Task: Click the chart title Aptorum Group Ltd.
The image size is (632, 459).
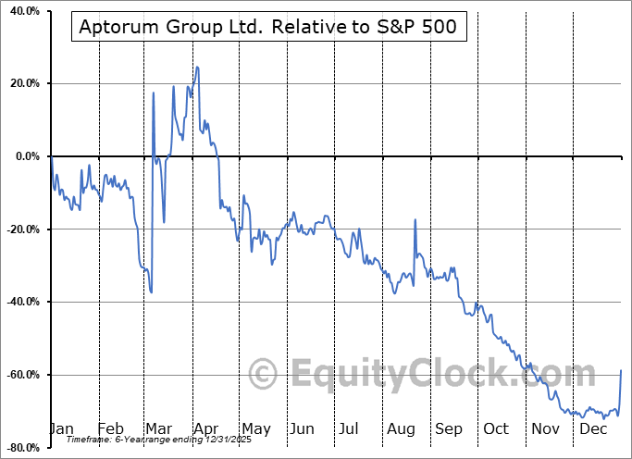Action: click(267, 27)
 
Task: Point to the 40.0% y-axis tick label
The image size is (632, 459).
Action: click(22, 11)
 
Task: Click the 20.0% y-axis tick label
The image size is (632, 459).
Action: click(22, 83)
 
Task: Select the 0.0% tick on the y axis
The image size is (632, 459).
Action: click(25, 156)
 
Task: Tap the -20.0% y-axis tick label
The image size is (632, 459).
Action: click(20, 229)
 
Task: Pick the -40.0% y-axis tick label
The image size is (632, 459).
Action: click(20, 302)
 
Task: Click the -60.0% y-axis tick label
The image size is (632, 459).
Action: click(20, 375)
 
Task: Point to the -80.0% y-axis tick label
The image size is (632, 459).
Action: click(20, 448)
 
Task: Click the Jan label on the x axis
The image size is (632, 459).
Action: click(61, 428)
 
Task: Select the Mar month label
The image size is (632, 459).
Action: click(159, 428)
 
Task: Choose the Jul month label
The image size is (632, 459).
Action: click(349, 428)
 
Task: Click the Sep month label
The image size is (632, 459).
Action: click(448, 428)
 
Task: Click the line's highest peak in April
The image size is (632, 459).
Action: click(197, 67)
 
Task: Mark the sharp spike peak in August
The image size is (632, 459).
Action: click(415, 219)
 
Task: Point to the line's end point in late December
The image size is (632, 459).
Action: click(621, 370)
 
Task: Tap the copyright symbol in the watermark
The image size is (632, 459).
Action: click(264, 375)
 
